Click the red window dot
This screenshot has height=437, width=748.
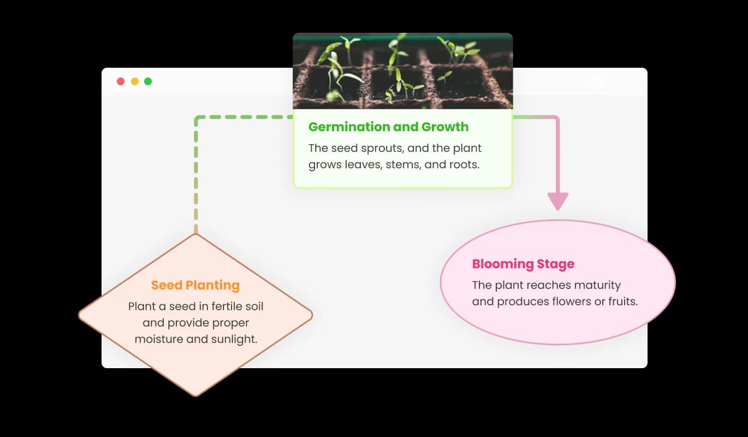tap(121, 81)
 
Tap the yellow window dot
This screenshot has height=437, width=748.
tap(134, 81)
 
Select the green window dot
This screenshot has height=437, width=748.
tap(148, 81)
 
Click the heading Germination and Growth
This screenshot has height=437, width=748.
tap(388, 127)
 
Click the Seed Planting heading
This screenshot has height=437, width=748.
tap(195, 285)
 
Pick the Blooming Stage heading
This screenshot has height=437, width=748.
tap(523, 264)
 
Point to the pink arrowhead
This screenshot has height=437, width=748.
tap(557, 202)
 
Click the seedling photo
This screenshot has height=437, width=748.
tap(402, 71)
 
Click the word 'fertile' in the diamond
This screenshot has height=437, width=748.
tap(219, 306)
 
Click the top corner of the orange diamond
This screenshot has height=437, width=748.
tap(195, 234)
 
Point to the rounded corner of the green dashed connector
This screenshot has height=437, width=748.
tap(198, 119)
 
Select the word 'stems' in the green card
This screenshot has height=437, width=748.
tap(403, 164)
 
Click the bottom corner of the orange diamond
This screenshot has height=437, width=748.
tap(195, 395)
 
